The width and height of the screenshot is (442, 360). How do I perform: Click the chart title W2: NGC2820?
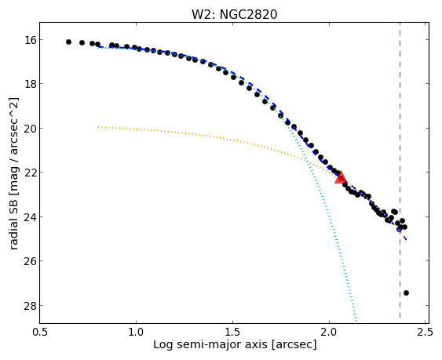point(235,14)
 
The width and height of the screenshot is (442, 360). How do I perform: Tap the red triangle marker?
point(341,177)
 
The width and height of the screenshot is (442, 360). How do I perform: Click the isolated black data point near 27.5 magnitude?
point(406,293)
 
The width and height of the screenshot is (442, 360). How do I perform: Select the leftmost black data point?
point(68,42)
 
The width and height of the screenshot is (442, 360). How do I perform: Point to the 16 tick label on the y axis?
point(30,40)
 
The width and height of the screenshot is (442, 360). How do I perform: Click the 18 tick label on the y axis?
point(30,84)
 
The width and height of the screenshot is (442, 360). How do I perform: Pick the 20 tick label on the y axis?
point(30,129)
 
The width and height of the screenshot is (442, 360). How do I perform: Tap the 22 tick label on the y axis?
point(30,173)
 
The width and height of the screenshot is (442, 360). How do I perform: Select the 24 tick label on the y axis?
point(30,217)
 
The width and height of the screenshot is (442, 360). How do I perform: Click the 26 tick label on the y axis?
point(30,261)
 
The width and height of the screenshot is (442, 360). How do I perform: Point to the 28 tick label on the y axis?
point(30,306)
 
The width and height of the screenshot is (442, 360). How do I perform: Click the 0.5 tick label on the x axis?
point(40,332)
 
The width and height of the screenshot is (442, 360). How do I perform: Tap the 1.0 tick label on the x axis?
point(136,332)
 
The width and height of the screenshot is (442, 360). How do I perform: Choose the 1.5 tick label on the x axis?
point(232,332)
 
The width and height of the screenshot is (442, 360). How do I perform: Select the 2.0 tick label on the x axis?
point(329,332)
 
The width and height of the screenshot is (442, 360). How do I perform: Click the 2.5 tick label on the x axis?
point(426,332)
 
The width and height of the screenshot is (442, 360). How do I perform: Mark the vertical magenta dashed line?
point(400,173)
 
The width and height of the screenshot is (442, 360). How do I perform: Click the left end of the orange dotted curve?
point(98,127)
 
